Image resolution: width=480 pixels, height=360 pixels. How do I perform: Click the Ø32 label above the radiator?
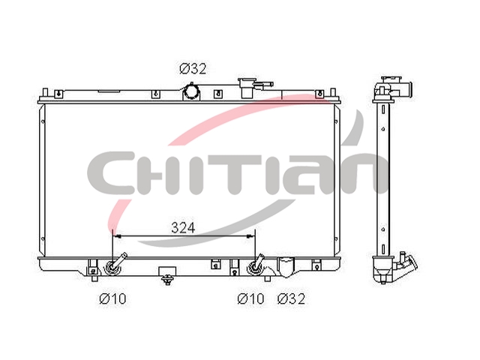(x=193, y=69)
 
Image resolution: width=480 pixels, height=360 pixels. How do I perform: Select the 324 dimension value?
(x=183, y=228)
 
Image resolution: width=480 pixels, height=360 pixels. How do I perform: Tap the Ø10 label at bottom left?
(x=112, y=298)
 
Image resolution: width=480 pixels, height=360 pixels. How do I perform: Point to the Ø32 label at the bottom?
(x=292, y=298)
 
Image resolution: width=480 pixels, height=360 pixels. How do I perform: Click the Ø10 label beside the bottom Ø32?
(x=250, y=298)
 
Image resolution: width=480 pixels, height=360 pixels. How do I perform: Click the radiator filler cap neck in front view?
(x=247, y=88)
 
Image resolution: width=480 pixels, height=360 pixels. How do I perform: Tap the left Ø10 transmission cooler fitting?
(x=115, y=265)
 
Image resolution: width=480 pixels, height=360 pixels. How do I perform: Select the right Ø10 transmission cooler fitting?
(x=255, y=265)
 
